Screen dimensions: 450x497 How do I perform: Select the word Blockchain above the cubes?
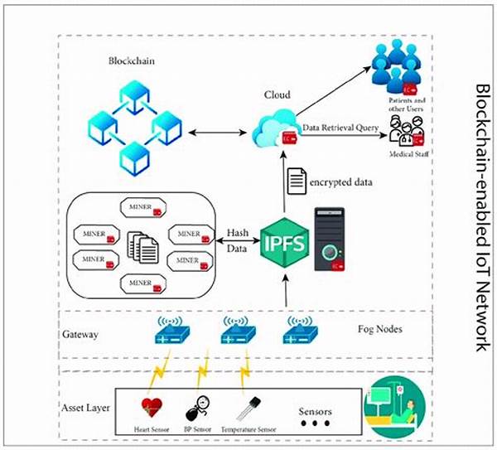(x=132, y=62)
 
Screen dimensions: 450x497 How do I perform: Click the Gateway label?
(x=81, y=335)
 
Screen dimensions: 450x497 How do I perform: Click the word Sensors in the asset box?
(x=317, y=408)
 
